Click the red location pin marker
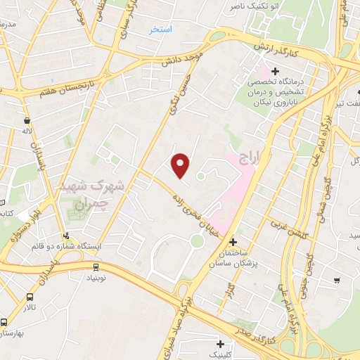(181, 166)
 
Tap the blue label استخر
(161, 30)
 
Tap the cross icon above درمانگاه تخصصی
(275, 71)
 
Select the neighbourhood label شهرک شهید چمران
(109, 192)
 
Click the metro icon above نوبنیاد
(96, 266)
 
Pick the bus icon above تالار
(30, 297)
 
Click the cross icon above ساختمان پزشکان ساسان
(233, 242)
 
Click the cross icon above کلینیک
(221, 344)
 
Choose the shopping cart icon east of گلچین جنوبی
(337, 281)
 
